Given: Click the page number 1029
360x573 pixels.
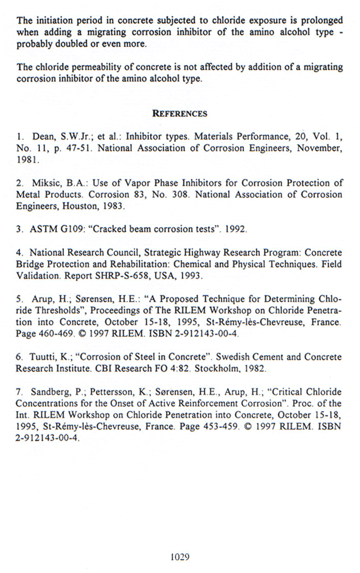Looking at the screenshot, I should tap(179, 557).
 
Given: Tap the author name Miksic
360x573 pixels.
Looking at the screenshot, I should tap(42, 183).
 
